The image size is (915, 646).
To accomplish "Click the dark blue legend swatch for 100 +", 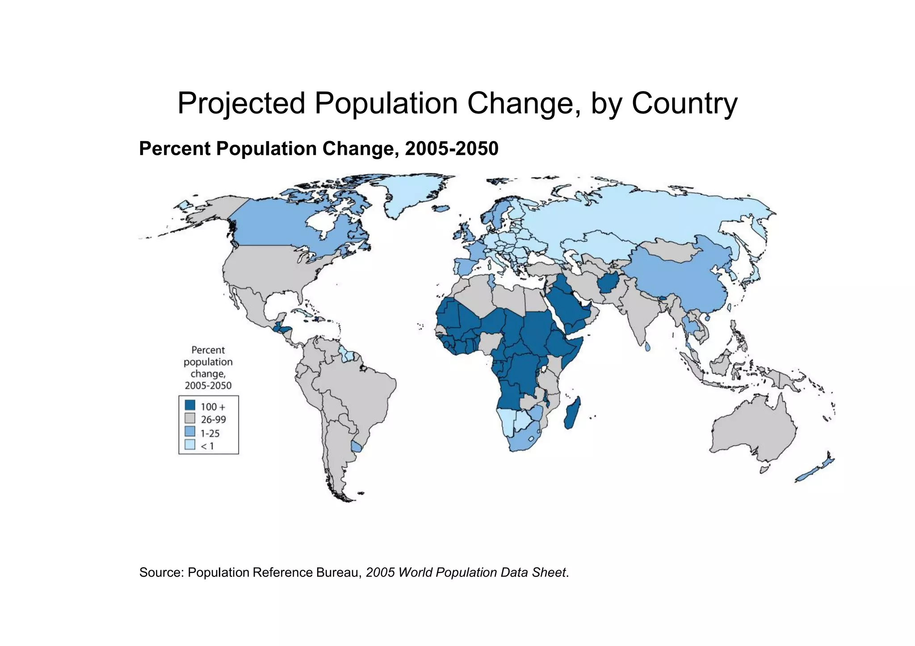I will point(190,405).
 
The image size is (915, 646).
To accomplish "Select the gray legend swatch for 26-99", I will point(190,419).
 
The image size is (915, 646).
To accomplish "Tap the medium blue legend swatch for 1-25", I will point(190,432).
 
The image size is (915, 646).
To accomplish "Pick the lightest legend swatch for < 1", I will point(190,445).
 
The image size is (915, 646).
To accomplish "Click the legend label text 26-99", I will point(213,420).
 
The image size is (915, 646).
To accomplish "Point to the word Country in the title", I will point(684,104).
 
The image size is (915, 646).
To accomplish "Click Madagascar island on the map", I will point(572,413).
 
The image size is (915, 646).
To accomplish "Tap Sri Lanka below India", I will point(647,346).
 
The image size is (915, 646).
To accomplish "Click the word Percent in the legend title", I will point(208,350).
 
